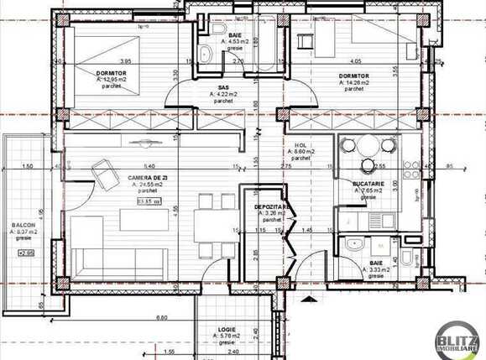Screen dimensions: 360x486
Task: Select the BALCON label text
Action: [x=23, y=226]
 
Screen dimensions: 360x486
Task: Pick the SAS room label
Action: [x=224, y=86]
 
